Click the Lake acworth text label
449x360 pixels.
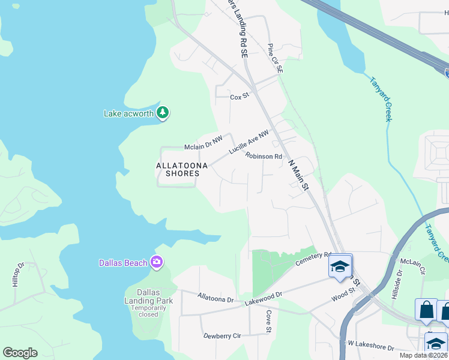(x=129, y=113)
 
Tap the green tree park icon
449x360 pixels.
(x=162, y=112)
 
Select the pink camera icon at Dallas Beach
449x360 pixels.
(x=157, y=262)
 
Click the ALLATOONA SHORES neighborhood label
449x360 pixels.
(x=178, y=169)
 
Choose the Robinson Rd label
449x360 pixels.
(x=263, y=157)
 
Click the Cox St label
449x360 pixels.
(x=239, y=96)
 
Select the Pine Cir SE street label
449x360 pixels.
(x=275, y=58)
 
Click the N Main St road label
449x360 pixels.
(x=298, y=175)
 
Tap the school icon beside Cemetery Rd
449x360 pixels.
(x=340, y=266)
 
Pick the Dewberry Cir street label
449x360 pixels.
(x=221, y=336)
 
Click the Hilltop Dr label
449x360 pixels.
(x=18, y=274)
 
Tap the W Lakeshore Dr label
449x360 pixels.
(x=371, y=347)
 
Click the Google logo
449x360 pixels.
(x=20, y=353)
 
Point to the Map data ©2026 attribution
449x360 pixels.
(x=424, y=355)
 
